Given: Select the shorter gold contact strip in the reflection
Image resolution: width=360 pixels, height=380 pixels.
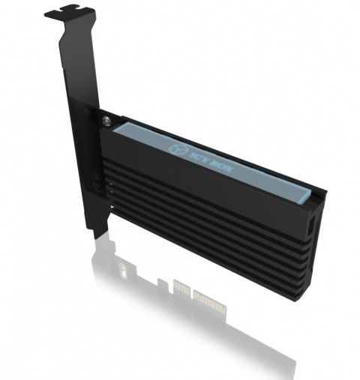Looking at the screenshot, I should [181, 287].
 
